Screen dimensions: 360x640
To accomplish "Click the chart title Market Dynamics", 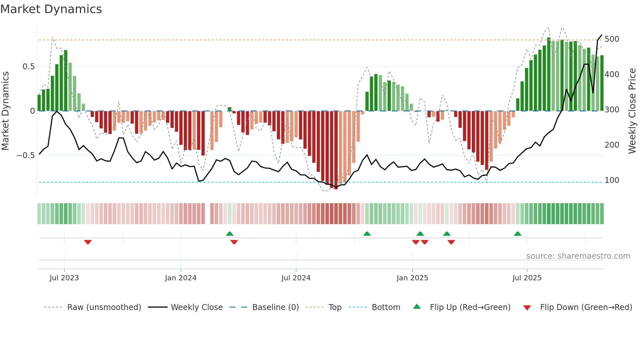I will coord(51,9).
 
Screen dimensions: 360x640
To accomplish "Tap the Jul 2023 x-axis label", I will coord(64,278).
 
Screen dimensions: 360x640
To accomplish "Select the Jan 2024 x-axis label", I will coord(181,278).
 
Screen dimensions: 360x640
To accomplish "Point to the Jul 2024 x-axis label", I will coord(296,278).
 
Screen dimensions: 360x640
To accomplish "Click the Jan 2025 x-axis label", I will coord(412,278).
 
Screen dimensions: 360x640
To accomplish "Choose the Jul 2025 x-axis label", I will coord(527,278).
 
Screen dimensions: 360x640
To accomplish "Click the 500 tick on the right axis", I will coord(612,39).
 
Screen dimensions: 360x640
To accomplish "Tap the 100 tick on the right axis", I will coord(612,180).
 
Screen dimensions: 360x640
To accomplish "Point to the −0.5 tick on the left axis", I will coord(26,155).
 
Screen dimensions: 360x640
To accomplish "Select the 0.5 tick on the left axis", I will coord(28,67).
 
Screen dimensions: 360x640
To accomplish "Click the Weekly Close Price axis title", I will coord(632,111).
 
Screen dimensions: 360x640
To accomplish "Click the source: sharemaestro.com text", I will coord(578,256).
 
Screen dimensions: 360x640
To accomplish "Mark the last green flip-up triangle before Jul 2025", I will coord(518,234).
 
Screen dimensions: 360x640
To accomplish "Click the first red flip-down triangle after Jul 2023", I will coord(88,242).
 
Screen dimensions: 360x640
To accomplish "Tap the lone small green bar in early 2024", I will coord(230,109).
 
